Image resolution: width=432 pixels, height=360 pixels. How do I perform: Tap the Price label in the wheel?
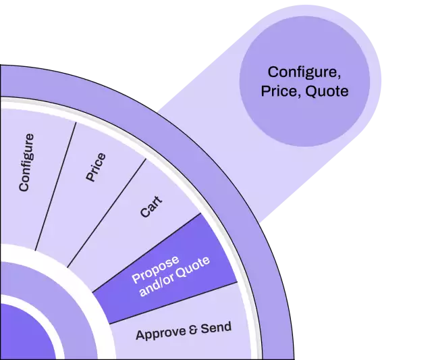click(96, 167)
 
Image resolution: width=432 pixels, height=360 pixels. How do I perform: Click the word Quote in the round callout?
click(327, 90)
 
